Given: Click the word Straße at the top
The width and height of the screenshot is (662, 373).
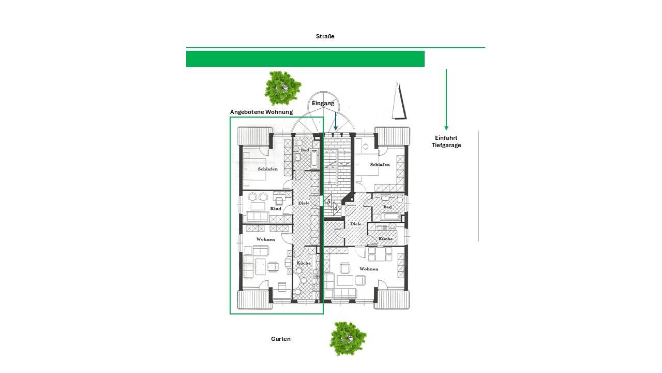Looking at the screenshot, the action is click(x=325, y=36).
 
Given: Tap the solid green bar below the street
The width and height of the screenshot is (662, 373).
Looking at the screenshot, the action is click(x=305, y=59).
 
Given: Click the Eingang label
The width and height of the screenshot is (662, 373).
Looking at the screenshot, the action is click(x=323, y=103).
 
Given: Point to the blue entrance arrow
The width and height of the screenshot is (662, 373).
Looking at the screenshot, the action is click(x=336, y=121).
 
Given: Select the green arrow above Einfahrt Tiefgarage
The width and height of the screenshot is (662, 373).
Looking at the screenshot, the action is click(x=446, y=99).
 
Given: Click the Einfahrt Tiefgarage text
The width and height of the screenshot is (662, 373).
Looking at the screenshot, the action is click(x=446, y=141).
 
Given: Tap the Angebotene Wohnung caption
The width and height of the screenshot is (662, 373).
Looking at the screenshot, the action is click(x=261, y=112).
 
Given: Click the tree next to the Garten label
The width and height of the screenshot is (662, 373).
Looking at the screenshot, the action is click(x=348, y=339).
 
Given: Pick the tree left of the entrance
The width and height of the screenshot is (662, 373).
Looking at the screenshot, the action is click(x=282, y=88).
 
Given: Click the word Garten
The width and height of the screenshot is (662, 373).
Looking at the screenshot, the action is click(x=281, y=339).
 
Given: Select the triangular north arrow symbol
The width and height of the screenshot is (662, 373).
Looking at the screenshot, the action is click(x=399, y=101).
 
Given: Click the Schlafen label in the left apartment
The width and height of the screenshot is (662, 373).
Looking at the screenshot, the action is click(x=268, y=169).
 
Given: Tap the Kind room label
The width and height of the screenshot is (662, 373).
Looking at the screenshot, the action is click(x=276, y=209).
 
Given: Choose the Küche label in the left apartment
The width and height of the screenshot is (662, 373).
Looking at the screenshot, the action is click(x=304, y=263).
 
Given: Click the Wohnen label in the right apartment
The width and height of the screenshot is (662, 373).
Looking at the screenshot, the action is click(x=369, y=269).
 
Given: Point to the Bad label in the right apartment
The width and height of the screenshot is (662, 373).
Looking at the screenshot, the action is click(x=387, y=207).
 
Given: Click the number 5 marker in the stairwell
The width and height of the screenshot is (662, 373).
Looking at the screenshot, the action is click(x=328, y=202).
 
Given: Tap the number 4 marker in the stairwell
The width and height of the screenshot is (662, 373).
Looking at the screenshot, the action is click(x=336, y=208).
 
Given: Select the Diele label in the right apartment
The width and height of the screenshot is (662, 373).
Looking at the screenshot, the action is click(x=356, y=224).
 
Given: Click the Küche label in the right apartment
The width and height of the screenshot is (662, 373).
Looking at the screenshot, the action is click(x=386, y=239).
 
